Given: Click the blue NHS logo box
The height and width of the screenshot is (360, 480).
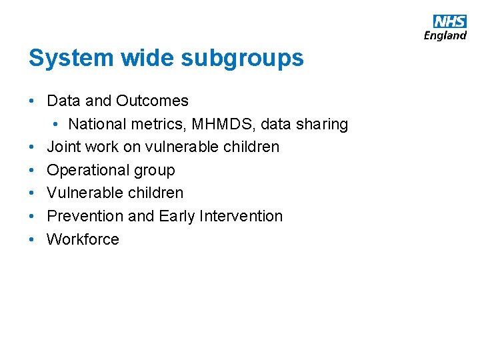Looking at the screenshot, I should (450, 21).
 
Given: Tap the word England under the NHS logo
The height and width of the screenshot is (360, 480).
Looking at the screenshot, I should (445, 35).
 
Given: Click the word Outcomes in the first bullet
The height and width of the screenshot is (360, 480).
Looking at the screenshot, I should (152, 101).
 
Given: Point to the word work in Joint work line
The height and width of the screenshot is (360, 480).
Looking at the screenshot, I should (101, 147).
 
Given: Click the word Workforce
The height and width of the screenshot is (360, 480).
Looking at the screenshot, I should (83, 239).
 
